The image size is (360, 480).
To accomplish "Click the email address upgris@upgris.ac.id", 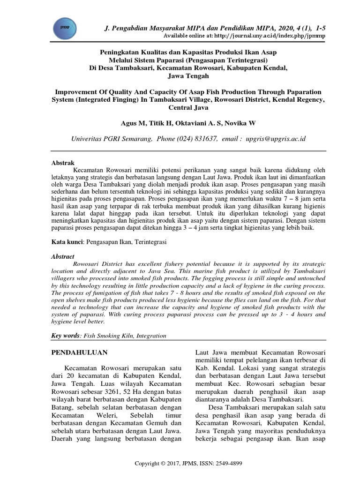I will click(275, 139).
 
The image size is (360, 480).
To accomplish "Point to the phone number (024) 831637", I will click(195, 139).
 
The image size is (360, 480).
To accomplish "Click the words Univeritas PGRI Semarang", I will click(111, 139).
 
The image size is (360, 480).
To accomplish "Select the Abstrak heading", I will click(62, 162).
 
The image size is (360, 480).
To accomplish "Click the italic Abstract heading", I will click(63, 257).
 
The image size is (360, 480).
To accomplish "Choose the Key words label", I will click(65, 336).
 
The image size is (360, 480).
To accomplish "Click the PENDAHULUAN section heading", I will click(79, 352).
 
